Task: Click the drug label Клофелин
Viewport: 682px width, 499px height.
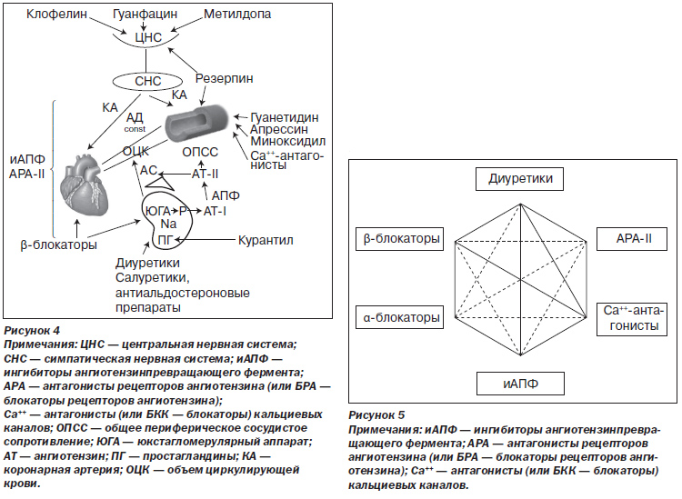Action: (57, 14)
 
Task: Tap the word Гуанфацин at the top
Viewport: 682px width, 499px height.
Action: (145, 14)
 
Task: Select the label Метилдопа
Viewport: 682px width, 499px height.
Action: (237, 14)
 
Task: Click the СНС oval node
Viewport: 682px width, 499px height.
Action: (147, 81)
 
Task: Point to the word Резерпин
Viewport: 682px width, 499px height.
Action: (224, 78)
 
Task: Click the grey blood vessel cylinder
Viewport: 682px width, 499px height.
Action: (196, 122)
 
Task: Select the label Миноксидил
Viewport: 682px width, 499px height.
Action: (287, 141)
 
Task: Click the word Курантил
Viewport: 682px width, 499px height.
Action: (266, 240)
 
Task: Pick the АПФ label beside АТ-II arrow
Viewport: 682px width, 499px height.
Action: (226, 195)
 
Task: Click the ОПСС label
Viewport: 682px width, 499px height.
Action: (200, 152)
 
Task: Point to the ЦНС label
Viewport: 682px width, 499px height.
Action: (148, 37)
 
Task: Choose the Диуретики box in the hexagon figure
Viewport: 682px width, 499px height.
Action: (520, 179)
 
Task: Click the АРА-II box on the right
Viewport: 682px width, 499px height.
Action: (632, 239)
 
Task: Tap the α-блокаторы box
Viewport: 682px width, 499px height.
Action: (400, 317)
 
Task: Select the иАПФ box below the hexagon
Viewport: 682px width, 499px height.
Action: (520, 384)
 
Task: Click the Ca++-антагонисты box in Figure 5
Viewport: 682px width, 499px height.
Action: (632, 319)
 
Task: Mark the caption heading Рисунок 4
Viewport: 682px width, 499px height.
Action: (32, 330)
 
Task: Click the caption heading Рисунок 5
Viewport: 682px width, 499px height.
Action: (376, 415)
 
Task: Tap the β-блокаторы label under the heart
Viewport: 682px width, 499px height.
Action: (59, 245)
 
